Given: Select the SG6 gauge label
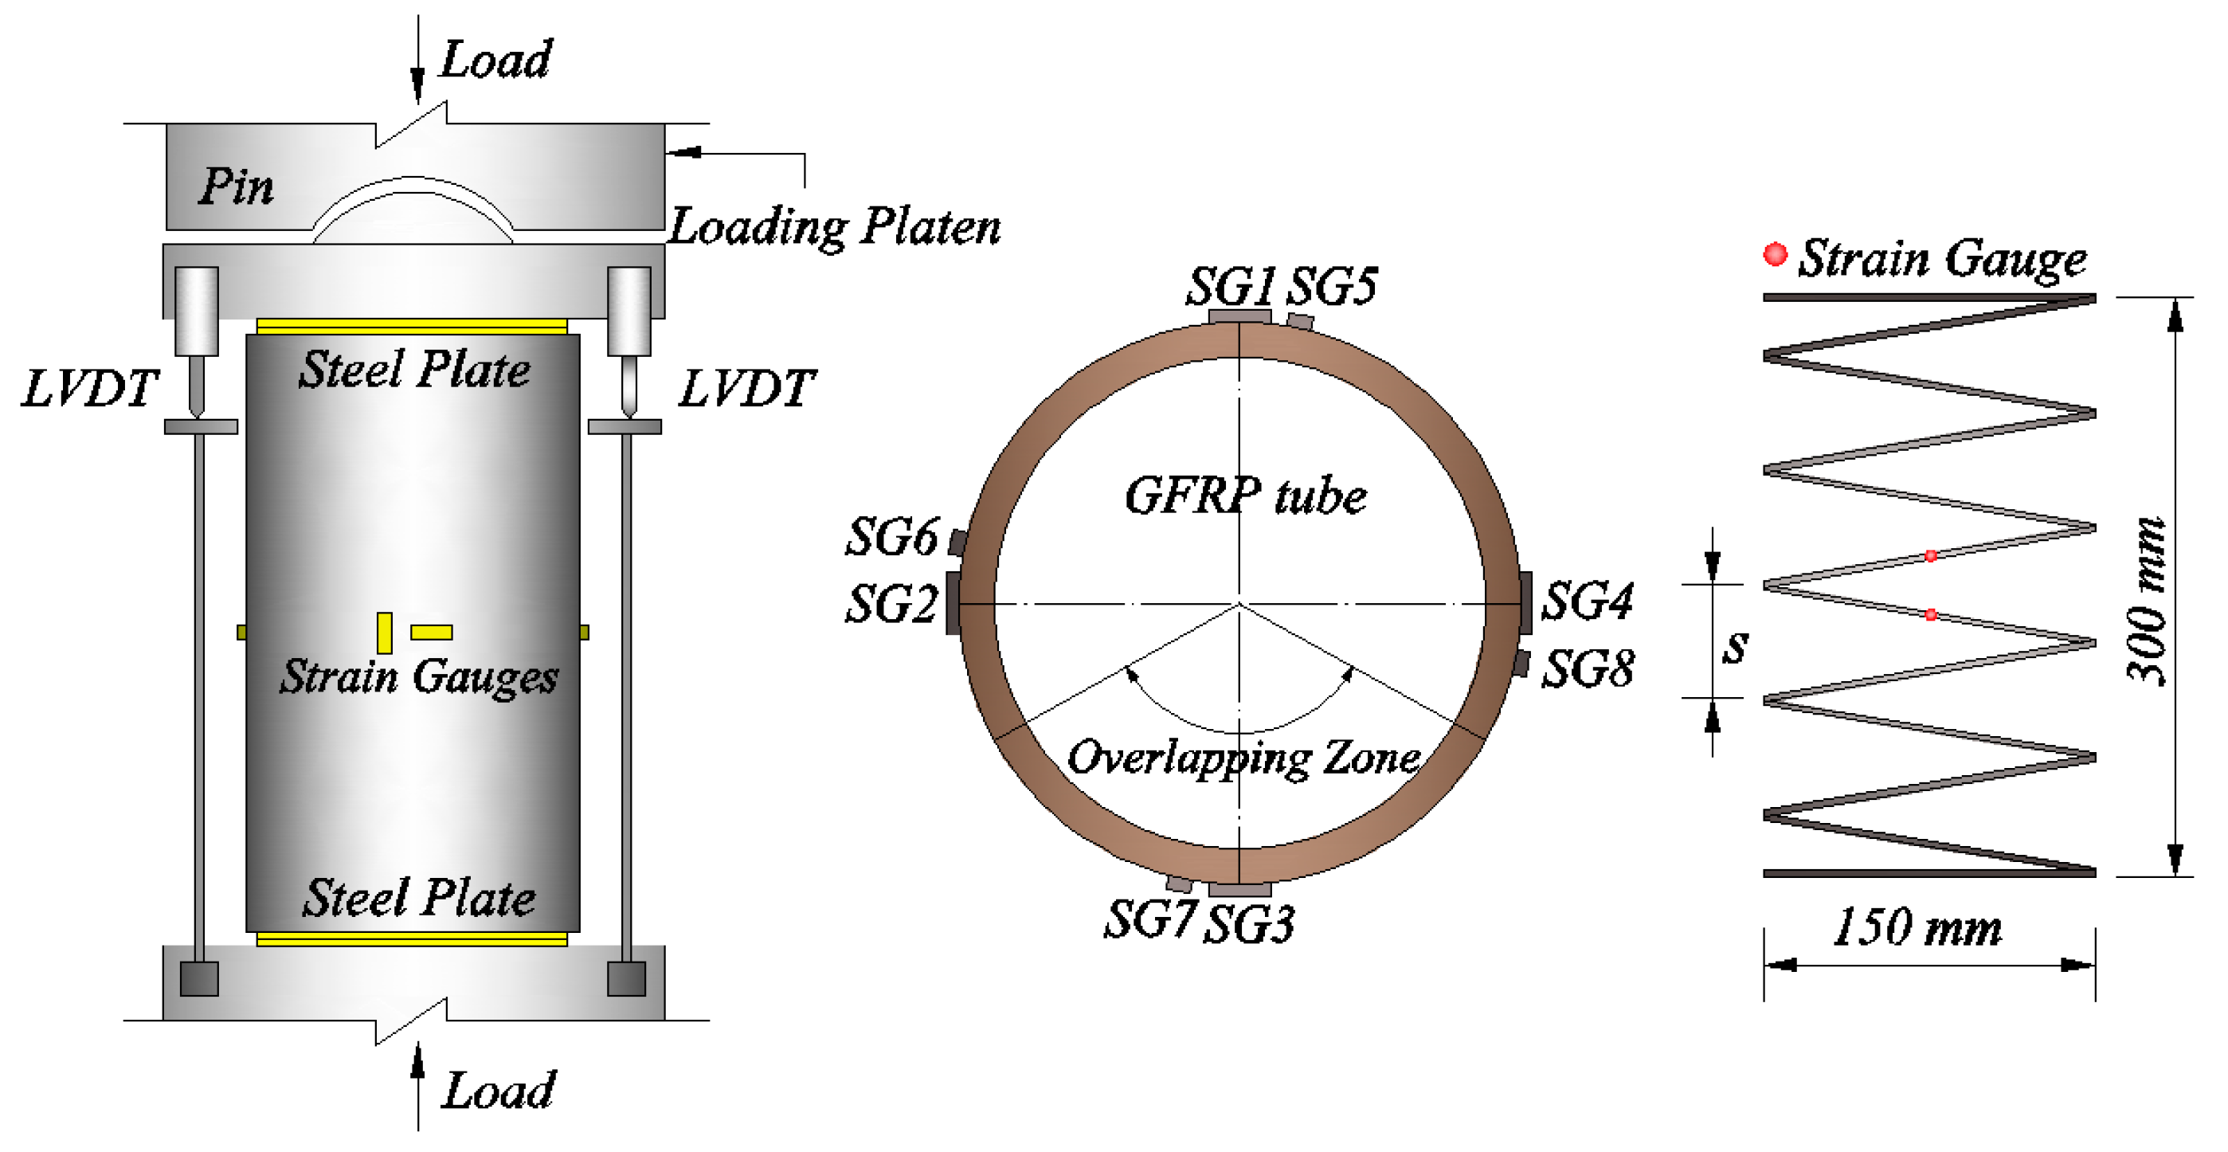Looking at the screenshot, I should [x=891, y=536].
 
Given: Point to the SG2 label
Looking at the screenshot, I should [x=891, y=603].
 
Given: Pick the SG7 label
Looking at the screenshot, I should [x=1150, y=919].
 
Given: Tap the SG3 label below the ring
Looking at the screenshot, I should [x=1249, y=923].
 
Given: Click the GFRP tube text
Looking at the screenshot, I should [x=1246, y=496].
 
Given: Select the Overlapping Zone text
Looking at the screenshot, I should [x=1243, y=758].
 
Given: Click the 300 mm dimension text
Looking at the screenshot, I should [x=2147, y=601].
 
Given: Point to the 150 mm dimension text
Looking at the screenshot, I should [x=1917, y=927].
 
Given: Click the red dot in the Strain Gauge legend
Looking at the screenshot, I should [x=1775, y=254].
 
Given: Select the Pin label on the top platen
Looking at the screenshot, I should [x=235, y=186].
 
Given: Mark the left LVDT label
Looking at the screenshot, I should [x=90, y=387].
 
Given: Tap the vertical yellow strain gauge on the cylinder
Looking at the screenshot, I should [x=384, y=633].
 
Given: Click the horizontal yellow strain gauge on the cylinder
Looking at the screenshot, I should [x=431, y=633].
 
